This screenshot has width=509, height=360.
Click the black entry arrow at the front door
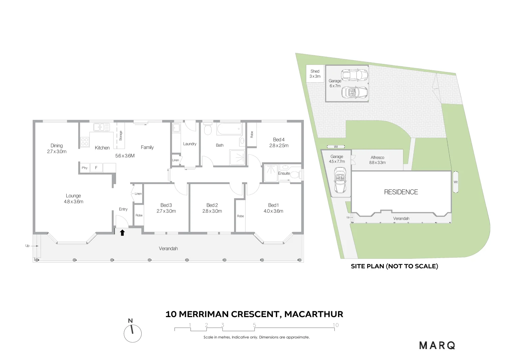[122, 233]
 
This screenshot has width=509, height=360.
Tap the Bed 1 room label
[273, 205]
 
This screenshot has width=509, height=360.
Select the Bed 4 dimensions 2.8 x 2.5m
[279, 145]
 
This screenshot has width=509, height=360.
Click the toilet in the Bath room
[208, 129]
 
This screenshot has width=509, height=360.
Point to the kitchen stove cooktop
[85, 142]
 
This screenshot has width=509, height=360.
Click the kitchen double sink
[102, 127]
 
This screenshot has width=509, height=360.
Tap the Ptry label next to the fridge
[85, 168]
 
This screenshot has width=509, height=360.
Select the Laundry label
[190, 144]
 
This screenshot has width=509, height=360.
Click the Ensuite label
[284, 173]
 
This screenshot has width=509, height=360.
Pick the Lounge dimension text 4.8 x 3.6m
[74, 201]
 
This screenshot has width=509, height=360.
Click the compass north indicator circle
[133, 333]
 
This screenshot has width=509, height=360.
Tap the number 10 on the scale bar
[335, 325]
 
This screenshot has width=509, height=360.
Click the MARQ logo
[437, 345]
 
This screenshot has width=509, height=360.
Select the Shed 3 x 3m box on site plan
[315, 74]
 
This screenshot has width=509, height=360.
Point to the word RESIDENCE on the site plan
[401, 192]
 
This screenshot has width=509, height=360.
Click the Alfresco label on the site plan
[377, 157]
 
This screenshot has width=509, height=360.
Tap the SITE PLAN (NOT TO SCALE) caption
[394, 266]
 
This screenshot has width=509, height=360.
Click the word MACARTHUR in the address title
[313, 314]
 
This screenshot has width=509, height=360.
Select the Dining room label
[57, 145]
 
